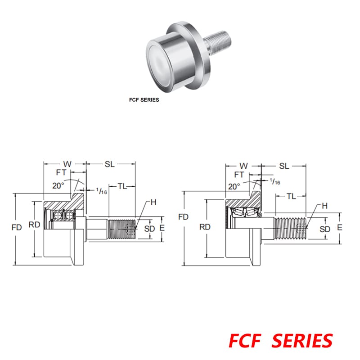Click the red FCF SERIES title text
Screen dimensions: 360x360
tap(281, 341)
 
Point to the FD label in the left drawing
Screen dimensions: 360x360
tap(17, 228)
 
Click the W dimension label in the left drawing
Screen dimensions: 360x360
tap(67, 164)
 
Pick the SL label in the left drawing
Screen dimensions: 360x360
tap(110, 164)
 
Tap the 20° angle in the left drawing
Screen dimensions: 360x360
tap(58, 185)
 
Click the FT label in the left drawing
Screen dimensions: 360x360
tap(61, 172)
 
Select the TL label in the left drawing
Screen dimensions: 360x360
tap(122, 186)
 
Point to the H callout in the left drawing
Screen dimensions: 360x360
tap(153, 202)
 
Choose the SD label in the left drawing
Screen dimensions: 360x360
tap(149, 229)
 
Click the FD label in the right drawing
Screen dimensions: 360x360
tap(183, 217)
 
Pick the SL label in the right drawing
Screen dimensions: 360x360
tap(283, 166)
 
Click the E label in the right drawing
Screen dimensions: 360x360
tap(340, 228)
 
